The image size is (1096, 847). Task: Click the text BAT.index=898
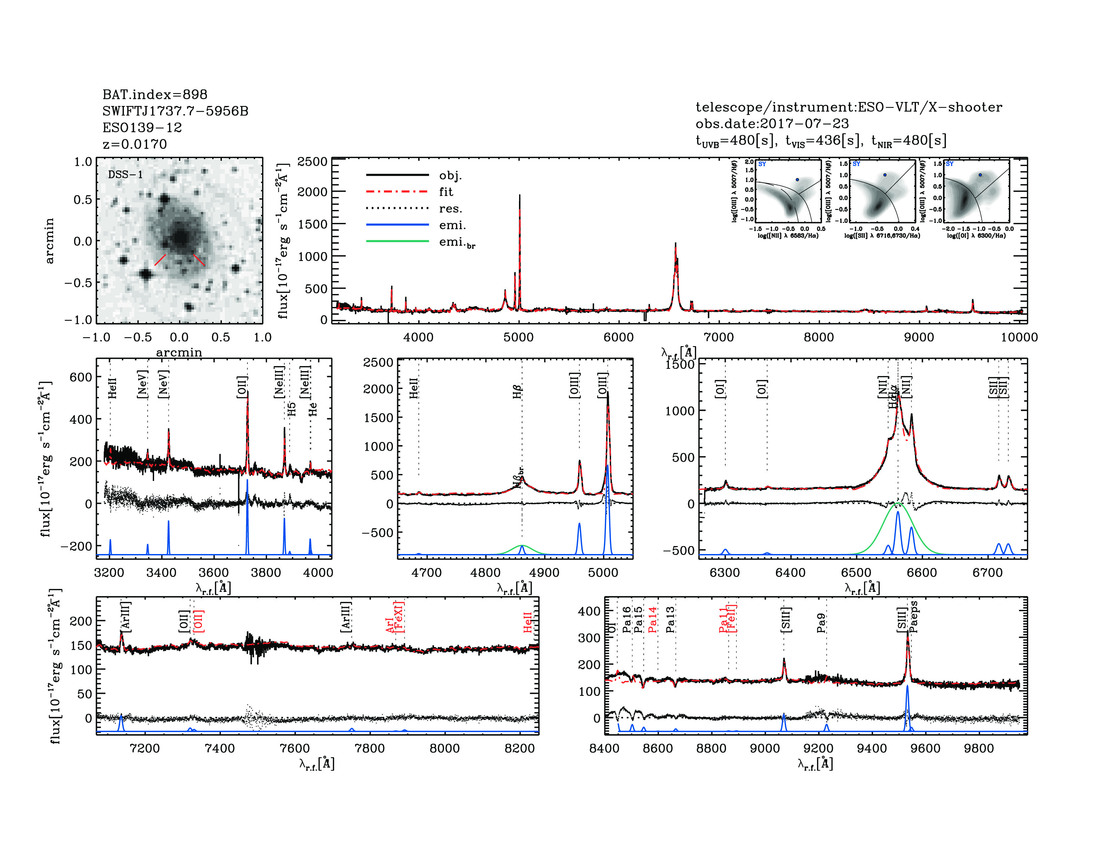coord(154,94)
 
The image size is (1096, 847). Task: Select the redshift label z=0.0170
coord(135,144)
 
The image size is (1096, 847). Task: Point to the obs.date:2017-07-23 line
coord(772,124)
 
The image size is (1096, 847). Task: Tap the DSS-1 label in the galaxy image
coord(126,175)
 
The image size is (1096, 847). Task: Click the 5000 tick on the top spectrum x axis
coord(518,337)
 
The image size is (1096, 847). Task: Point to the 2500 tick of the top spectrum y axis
coord(312,161)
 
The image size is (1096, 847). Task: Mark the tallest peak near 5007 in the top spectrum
coord(519,196)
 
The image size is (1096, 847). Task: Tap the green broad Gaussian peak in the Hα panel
coord(897,503)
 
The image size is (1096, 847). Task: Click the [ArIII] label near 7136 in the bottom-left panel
coord(126,616)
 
